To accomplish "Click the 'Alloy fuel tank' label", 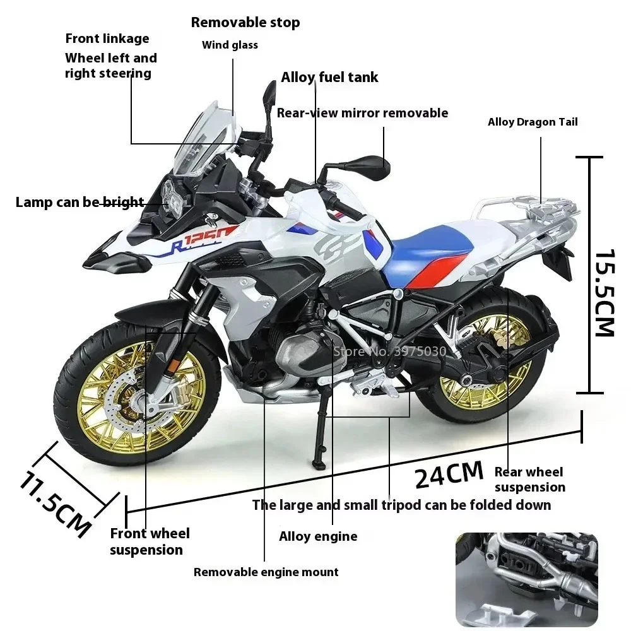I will [329, 78].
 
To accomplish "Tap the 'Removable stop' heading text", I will [245, 23].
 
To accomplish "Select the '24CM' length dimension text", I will [449, 474].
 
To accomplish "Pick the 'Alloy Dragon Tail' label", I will [533, 122].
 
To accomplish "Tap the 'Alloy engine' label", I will [318, 537].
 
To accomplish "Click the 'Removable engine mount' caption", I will [266, 572].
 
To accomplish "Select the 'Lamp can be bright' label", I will [80, 203].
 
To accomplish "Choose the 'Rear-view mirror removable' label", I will [362, 113].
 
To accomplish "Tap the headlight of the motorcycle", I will [172, 195].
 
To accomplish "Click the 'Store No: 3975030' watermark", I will [389, 351].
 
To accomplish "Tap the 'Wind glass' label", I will [230, 45].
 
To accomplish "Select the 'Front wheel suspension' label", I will [150, 541].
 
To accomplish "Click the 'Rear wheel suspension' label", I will [529, 480].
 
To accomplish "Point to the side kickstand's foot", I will [319, 465].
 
